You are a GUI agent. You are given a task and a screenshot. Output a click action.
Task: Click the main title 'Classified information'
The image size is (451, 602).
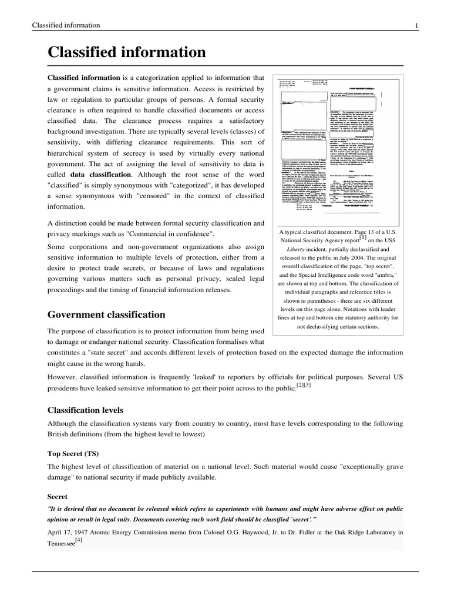pyautogui.click(x=127, y=52)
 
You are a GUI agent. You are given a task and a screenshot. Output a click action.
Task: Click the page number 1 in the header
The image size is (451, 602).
pyautogui.click(x=416, y=25)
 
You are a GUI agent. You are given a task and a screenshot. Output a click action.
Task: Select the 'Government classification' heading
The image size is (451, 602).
pyautogui.click(x=106, y=315)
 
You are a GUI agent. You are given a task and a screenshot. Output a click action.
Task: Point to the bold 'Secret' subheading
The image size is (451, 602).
pyautogui.click(x=58, y=496)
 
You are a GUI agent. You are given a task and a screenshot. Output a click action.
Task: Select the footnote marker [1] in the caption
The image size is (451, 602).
pyautogui.click(x=364, y=237)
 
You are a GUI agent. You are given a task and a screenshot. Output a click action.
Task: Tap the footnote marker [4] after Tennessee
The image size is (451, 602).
pyautogui.click(x=78, y=541)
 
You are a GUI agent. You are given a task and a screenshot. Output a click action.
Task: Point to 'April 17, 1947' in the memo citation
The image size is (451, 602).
pyautogui.click(x=69, y=533)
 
